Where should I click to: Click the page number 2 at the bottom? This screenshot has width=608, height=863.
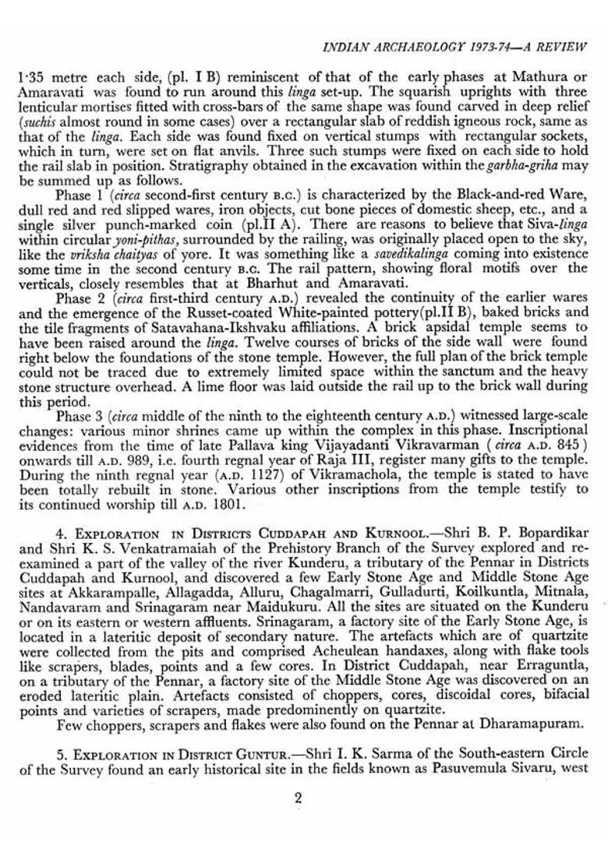299,797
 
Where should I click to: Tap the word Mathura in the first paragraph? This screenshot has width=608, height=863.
521,79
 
